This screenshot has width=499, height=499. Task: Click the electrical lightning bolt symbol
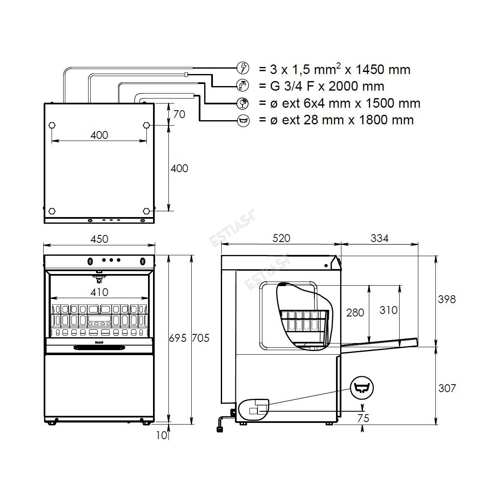click(x=243, y=68)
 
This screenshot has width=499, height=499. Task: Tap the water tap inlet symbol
click(x=243, y=86)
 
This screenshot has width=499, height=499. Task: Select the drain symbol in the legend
click(x=243, y=121)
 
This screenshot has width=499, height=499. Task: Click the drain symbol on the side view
click(x=362, y=388)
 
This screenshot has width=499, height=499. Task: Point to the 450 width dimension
click(x=99, y=239)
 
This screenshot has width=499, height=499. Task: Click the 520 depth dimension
click(x=281, y=238)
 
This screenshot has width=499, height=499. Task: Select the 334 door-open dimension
click(x=379, y=238)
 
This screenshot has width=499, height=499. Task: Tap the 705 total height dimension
click(x=200, y=338)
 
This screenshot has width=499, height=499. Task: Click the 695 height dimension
click(x=178, y=338)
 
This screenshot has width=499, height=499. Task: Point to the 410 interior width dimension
click(x=99, y=292)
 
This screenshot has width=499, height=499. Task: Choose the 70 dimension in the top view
click(x=179, y=114)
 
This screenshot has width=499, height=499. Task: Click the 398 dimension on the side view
click(x=447, y=299)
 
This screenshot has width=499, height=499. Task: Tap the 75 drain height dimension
click(x=363, y=418)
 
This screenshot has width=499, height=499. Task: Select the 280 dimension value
click(x=355, y=313)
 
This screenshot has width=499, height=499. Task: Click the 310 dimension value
click(x=388, y=310)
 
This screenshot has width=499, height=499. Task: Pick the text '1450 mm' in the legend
click(x=383, y=69)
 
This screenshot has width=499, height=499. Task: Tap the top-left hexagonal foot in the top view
click(x=52, y=125)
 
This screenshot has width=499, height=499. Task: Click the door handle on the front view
click(x=99, y=348)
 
